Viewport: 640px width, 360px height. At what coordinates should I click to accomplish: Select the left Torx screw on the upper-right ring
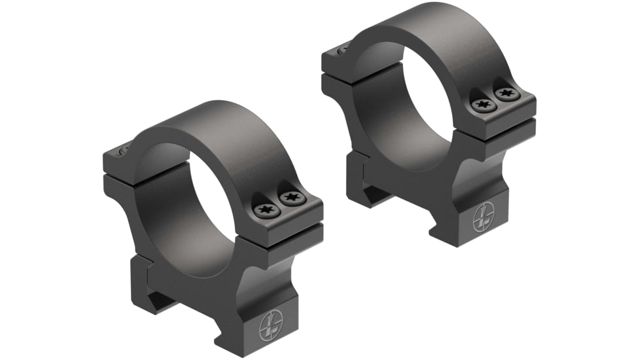pyautogui.click(x=483, y=104)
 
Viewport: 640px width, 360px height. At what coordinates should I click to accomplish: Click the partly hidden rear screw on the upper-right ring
pyautogui.click(x=342, y=48)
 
